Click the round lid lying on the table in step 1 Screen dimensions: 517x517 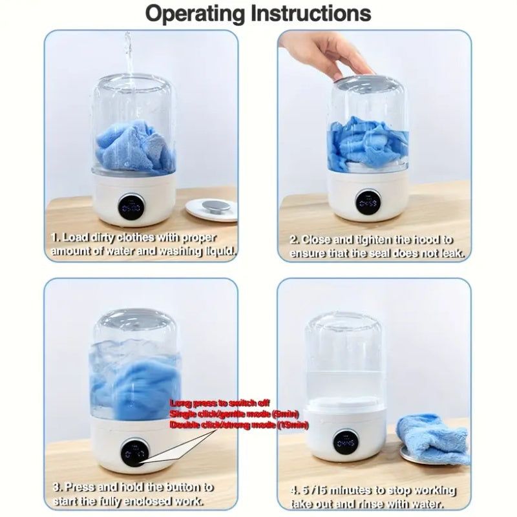pos(211,209)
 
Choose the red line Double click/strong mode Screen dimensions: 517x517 pos(238,425)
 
